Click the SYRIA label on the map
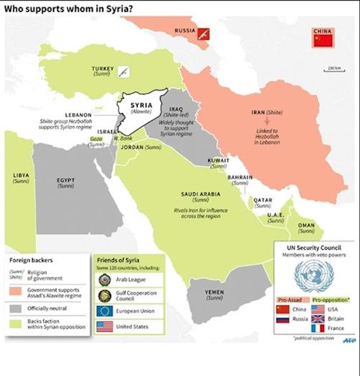point(141,105)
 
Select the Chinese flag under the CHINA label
point(323,40)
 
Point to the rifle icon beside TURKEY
point(124,71)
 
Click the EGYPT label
point(66,180)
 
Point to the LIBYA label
point(21,175)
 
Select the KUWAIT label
point(219,161)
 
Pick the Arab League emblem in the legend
point(104,279)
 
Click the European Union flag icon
point(104,311)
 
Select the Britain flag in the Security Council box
point(317,319)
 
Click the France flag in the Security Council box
point(317,329)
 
